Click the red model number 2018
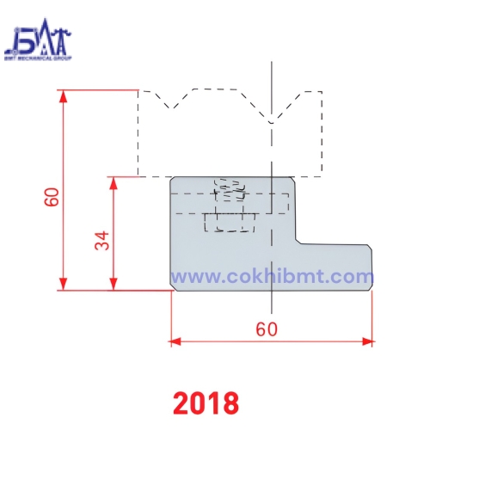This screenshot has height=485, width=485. tap(206, 402)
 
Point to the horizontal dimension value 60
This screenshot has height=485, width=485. tap(267, 328)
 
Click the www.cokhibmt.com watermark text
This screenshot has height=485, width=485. tap(272, 277)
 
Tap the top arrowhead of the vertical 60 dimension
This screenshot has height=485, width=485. tap(63, 95)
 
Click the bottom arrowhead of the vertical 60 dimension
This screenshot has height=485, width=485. tap(63, 285)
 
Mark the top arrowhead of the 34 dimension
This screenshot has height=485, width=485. tap(114, 182)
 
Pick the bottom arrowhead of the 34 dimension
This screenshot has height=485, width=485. tap(114, 285)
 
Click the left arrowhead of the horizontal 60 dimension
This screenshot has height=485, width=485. tap(175, 341)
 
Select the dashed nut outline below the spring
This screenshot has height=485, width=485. tap(230, 222)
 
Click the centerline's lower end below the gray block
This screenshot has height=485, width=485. tap(272, 310)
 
